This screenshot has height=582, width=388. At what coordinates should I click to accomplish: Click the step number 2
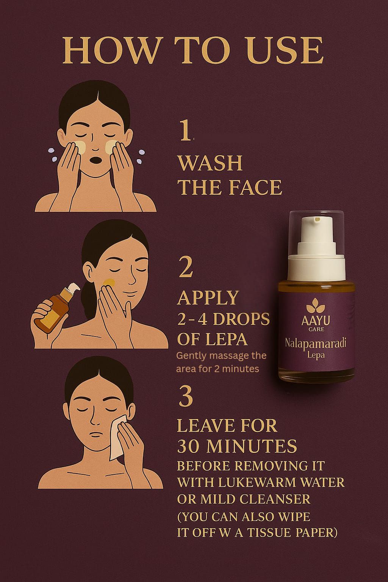click(x=186, y=267)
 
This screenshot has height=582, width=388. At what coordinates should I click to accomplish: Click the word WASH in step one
click(x=211, y=163)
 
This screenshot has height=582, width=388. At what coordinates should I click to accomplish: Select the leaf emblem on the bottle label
click(x=316, y=305)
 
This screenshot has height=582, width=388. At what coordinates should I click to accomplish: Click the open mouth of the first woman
click(x=96, y=160)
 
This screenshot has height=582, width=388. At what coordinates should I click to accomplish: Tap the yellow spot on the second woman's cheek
click(x=109, y=283)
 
